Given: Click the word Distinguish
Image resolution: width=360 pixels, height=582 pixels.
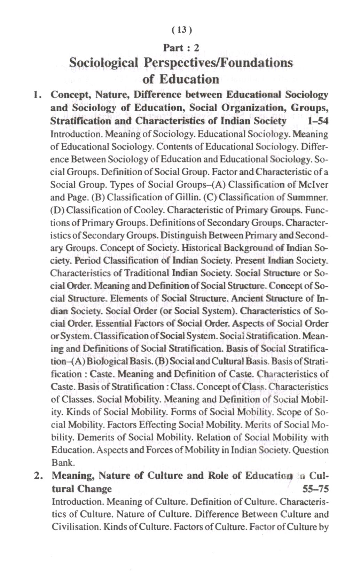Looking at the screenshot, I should pyautogui.click(x=183, y=236).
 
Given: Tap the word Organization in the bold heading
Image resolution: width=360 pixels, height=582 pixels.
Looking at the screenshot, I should pyautogui.click(x=253, y=108).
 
